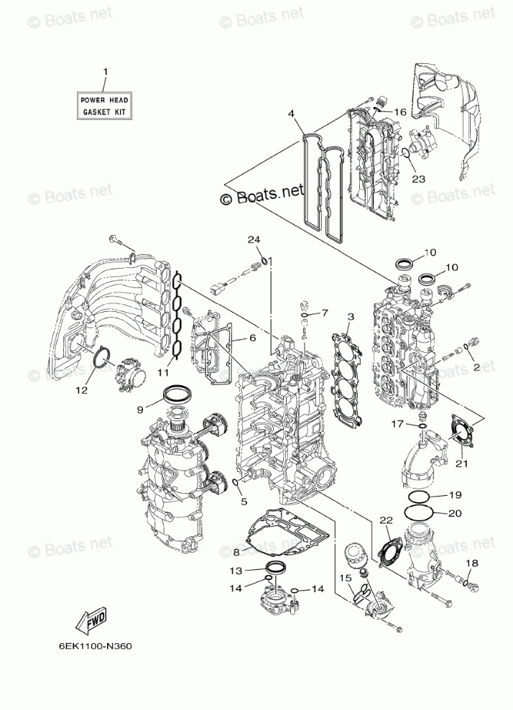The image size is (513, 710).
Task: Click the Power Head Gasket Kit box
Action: click(x=105, y=107)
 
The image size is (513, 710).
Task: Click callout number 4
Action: click(x=292, y=114)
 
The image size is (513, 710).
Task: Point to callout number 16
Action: click(x=399, y=113)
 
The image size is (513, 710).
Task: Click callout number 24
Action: click(x=253, y=239)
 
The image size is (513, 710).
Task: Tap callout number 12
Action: click(x=82, y=390)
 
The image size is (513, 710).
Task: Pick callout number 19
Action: click(x=455, y=496)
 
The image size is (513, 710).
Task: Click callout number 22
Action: click(x=385, y=520)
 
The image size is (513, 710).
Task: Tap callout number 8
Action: click(x=236, y=552)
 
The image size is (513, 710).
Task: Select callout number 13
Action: click(x=236, y=571)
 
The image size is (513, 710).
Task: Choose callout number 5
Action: click(x=244, y=501)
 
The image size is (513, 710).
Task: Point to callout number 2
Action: click(x=476, y=366)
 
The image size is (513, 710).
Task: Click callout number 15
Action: click(x=345, y=577)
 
